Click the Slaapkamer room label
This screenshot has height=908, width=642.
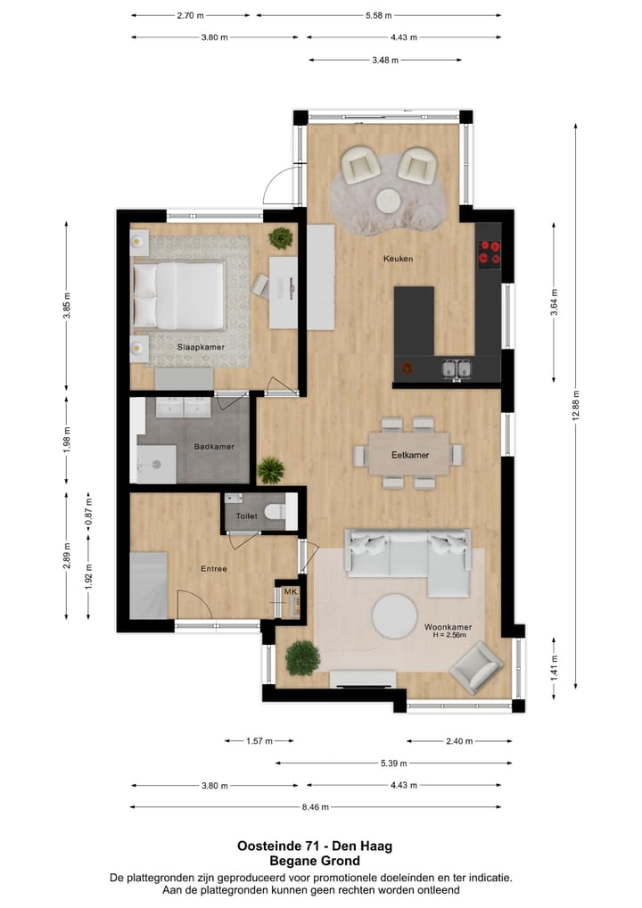pyautogui.click(x=200, y=347)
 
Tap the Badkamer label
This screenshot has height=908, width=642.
pyautogui.click(x=213, y=448)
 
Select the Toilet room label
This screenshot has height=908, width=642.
pyautogui.click(x=245, y=516)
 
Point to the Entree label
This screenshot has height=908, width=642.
pyautogui.click(x=213, y=568)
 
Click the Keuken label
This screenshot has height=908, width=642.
pyautogui.click(x=398, y=259)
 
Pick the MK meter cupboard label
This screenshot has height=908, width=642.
pyautogui.click(x=290, y=591)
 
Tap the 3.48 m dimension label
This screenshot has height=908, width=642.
pyautogui.click(x=385, y=60)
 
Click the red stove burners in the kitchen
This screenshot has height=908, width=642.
pyautogui.click(x=489, y=252)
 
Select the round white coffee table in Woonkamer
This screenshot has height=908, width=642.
pyautogui.click(x=394, y=615)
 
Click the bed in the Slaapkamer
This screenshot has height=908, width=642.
pyautogui.click(x=177, y=295)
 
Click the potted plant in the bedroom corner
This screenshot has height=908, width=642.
pyautogui.click(x=281, y=237)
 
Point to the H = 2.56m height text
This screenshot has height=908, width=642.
pyautogui.click(x=448, y=637)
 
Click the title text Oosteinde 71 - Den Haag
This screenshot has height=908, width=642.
pyautogui.click(x=315, y=846)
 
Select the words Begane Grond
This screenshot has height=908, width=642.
pyautogui.click(x=315, y=861)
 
